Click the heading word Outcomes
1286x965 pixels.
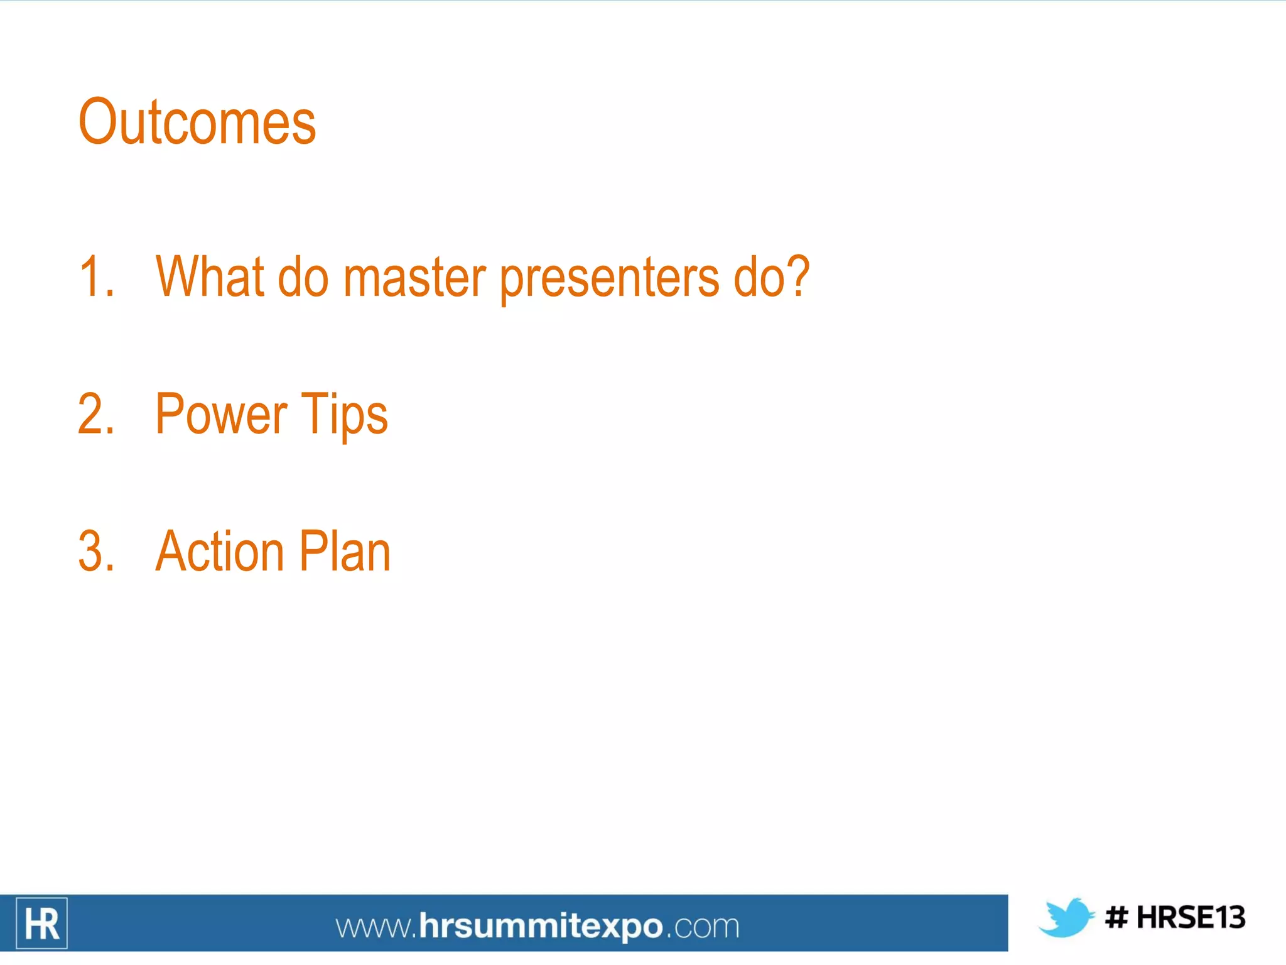click(x=197, y=123)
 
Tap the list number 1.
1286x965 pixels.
click(x=96, y=276)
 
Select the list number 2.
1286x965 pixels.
click(x=96, y=414)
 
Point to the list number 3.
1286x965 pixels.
click(x=96, y=552)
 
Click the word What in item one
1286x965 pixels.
click(x=209, y=276)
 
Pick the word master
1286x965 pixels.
click(x=414, y=278)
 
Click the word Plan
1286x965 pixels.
click(x=345, y=552)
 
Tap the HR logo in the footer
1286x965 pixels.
click(x=41, y=924)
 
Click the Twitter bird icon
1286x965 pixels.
click(x=1066, y=918)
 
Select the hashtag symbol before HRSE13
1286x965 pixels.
click(x=1116, y=918)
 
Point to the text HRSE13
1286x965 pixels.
click(x=1191, y=918)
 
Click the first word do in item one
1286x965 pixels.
click(x=303, y=276)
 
